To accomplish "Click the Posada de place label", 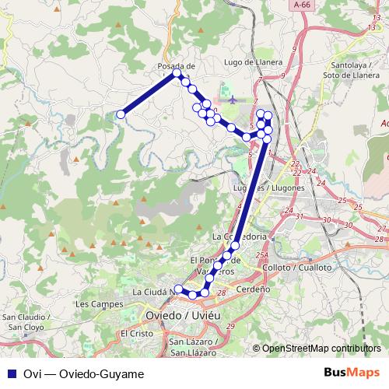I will point(175,66).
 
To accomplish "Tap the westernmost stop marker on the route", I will point(121,114).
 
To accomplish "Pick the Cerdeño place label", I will point(253,288).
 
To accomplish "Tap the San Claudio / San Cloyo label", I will point(26,322).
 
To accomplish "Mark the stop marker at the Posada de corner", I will point(178,75).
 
